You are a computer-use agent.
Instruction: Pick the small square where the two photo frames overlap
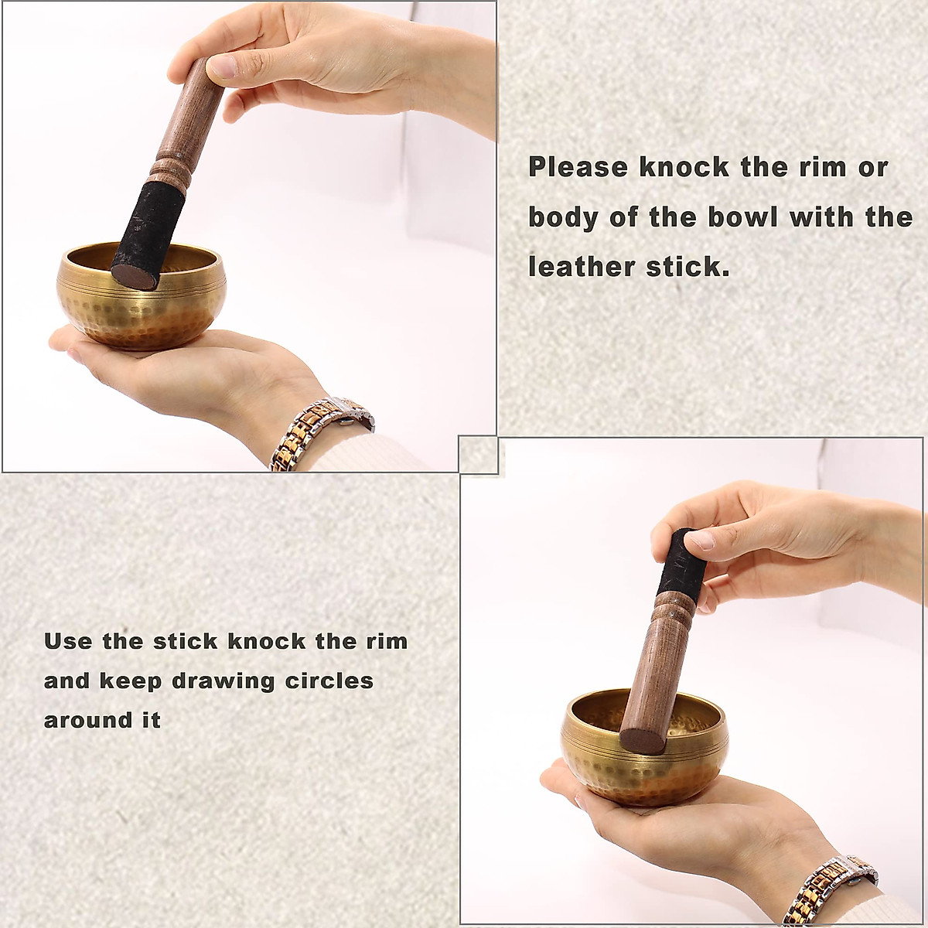pyautogui.click(x=478, y=454)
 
